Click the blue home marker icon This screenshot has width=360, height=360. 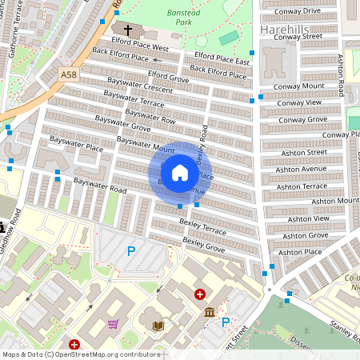180,172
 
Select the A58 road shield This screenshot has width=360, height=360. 69,74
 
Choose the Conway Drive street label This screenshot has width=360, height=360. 297,11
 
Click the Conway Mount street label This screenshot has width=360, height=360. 298,86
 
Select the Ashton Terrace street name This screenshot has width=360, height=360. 301,185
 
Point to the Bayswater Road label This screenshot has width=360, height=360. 100,185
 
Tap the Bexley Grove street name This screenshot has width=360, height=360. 203,241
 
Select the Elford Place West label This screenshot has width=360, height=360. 141,48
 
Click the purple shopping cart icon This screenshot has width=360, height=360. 113,324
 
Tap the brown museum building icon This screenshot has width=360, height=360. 210,312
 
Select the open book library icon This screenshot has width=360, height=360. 158,326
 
